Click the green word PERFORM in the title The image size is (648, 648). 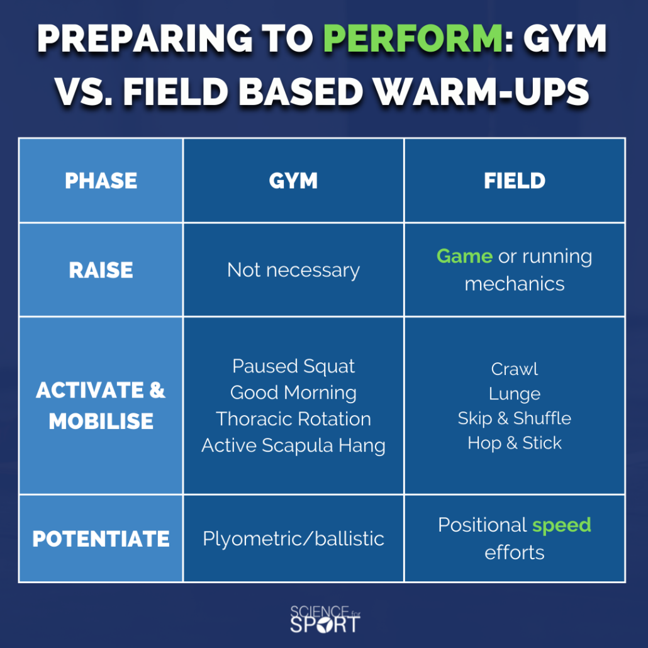413,38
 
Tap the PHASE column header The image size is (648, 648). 101,181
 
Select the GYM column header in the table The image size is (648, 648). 293,181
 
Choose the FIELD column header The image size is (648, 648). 515,181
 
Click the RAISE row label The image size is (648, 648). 101,270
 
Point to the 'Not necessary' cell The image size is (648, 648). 293,271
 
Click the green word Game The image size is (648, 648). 464,256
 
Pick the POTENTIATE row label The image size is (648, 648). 101,539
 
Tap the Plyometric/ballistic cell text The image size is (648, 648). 293,539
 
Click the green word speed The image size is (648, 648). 562,525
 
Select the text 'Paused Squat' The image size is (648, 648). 293,366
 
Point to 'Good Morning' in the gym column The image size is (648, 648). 293,393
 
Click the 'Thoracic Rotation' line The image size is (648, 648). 293,418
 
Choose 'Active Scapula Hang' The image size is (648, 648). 293,445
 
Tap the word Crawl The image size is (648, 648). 515,369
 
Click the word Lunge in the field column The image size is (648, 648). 515,394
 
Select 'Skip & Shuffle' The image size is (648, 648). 515,418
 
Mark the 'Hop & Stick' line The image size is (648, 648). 515,443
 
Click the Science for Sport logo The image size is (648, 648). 325,618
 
